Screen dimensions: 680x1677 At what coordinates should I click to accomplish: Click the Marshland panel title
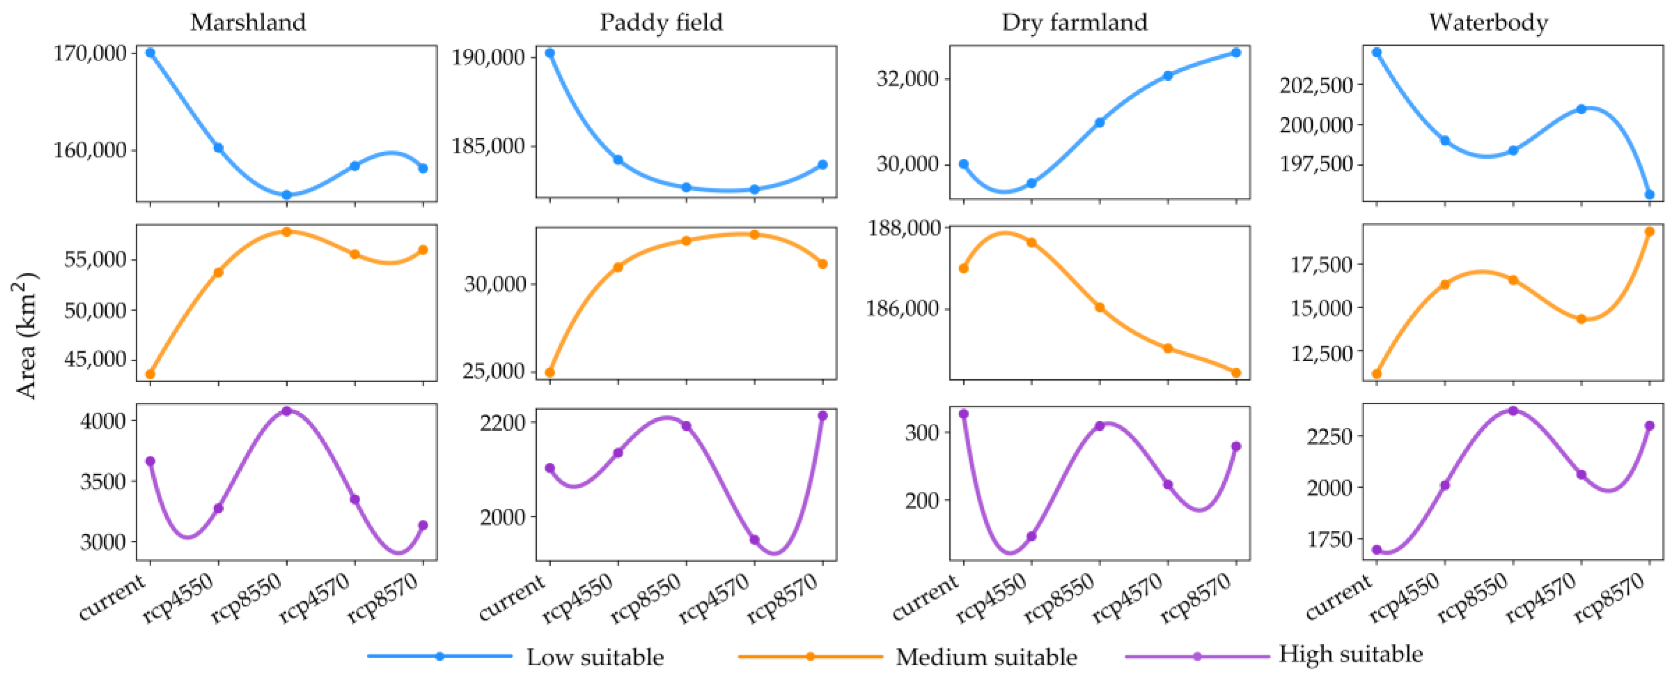248,22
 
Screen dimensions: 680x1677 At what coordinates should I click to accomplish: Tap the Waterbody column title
1488,22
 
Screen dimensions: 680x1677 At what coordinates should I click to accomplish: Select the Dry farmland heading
1074,22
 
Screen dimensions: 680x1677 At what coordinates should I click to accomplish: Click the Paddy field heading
661,22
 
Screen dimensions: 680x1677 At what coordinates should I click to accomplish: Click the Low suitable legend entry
594,656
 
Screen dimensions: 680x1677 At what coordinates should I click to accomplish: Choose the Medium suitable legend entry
986,656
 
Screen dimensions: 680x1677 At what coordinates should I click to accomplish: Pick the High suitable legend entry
1350,654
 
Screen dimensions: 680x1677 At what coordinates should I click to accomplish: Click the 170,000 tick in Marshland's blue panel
90,53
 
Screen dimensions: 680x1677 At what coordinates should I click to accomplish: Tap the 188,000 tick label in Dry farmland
905,228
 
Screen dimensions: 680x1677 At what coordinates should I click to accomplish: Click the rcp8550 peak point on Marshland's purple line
286,411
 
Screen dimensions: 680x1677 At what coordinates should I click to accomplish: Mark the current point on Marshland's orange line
150,374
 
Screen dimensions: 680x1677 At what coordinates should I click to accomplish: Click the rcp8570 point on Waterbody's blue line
1649,194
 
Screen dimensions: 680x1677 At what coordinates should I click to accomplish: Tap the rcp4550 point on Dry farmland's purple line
1031,536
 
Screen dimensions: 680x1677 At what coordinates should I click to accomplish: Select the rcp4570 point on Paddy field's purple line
755,539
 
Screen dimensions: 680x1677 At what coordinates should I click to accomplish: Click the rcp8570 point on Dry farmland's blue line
1236,53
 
